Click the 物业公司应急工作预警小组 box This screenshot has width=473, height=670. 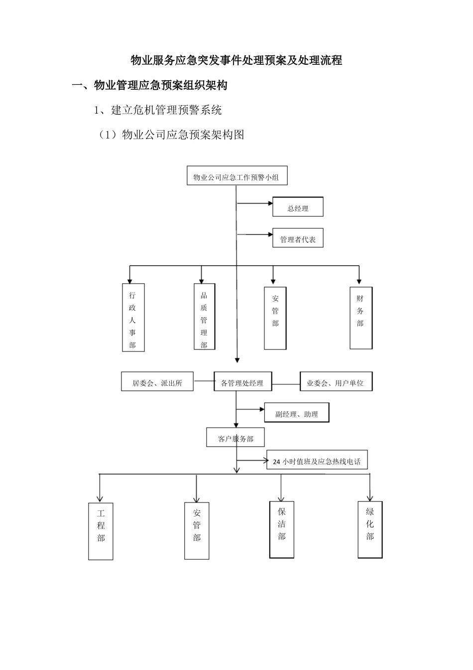[x=236, y=176]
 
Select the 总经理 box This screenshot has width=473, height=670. [x=298, y=207]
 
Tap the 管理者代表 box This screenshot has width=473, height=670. [x=298, y=238]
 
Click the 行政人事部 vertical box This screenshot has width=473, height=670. [x=133, y=318]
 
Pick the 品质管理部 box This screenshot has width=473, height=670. [x=204, y=317]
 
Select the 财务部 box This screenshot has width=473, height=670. [x=361, y=318]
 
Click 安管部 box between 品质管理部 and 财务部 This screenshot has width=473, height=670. [x=275, y=318]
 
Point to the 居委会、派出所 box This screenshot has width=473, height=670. [x=157, y=382]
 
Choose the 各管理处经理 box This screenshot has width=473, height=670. [x=242, y=382]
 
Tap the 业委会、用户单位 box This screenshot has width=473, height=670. [x=336, y=382]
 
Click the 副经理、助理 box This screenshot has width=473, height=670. [x=297, y=413]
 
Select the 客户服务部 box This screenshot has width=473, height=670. [x=236, y=438]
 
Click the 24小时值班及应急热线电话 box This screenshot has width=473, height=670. [x=317, y=461]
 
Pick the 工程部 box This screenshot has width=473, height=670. [x=101, y=531]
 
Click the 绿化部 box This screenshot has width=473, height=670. [x=370, y=529]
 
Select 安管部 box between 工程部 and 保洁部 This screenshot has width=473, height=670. [x=197, y=531]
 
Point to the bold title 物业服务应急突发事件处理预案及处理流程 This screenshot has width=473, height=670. [x=236, y=61]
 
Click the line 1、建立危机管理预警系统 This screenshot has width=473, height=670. [x=158, y=110]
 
